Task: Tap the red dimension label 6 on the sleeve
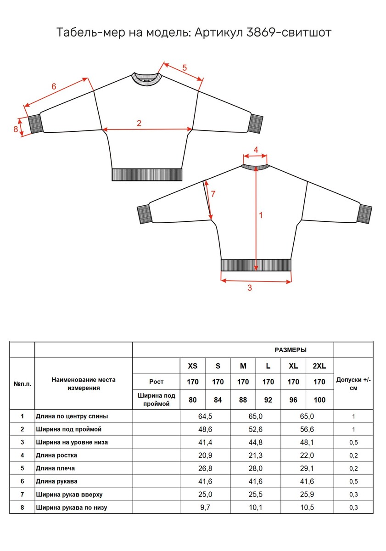(54, 86)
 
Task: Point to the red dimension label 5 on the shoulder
(185, 67)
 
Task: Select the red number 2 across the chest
(139, 123)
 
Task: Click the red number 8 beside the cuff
(16, 129)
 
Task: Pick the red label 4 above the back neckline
(256, 150)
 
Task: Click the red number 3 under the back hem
(250, 288)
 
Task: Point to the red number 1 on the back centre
(261, 214)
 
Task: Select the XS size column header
(193, 366)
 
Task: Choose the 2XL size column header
(319, 366)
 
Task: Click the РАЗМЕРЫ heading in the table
(291, 350)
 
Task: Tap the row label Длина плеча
(56, 468)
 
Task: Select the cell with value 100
(319, 400)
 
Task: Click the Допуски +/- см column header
(353, 384)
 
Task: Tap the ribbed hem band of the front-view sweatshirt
(147, 175)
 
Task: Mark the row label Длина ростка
(56, 455)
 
